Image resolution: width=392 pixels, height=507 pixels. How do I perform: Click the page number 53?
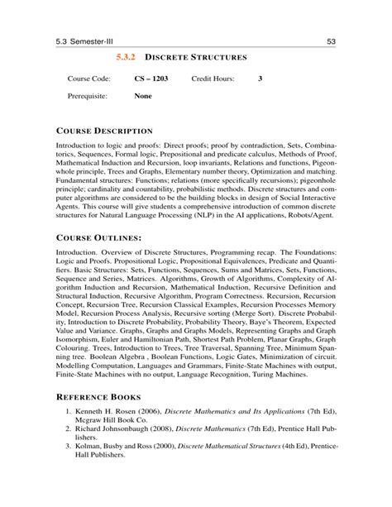pos(331,42)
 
